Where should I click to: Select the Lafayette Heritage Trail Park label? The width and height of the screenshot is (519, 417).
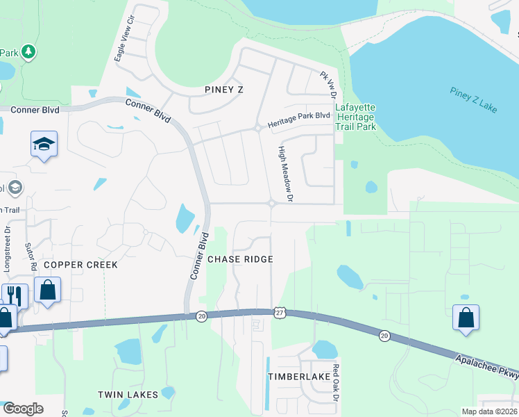point(355,117)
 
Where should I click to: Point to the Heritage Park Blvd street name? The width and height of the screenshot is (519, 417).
point(299,116)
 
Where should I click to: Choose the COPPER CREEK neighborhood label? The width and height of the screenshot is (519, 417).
point(80,265)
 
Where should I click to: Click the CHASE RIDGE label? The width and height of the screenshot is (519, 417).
point(240,259)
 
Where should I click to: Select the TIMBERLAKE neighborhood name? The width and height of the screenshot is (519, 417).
point(300,376)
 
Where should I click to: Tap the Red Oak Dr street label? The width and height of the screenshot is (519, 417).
point(336,382)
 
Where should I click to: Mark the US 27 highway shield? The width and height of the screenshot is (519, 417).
point(278,315)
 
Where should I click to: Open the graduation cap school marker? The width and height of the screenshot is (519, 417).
point(44,145)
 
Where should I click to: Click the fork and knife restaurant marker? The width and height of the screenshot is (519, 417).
point(15,296)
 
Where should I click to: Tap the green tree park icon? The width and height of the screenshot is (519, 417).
point(28,51)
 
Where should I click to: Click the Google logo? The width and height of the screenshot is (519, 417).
point(23,409)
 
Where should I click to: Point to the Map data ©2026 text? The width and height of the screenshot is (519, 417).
point(489,411)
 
